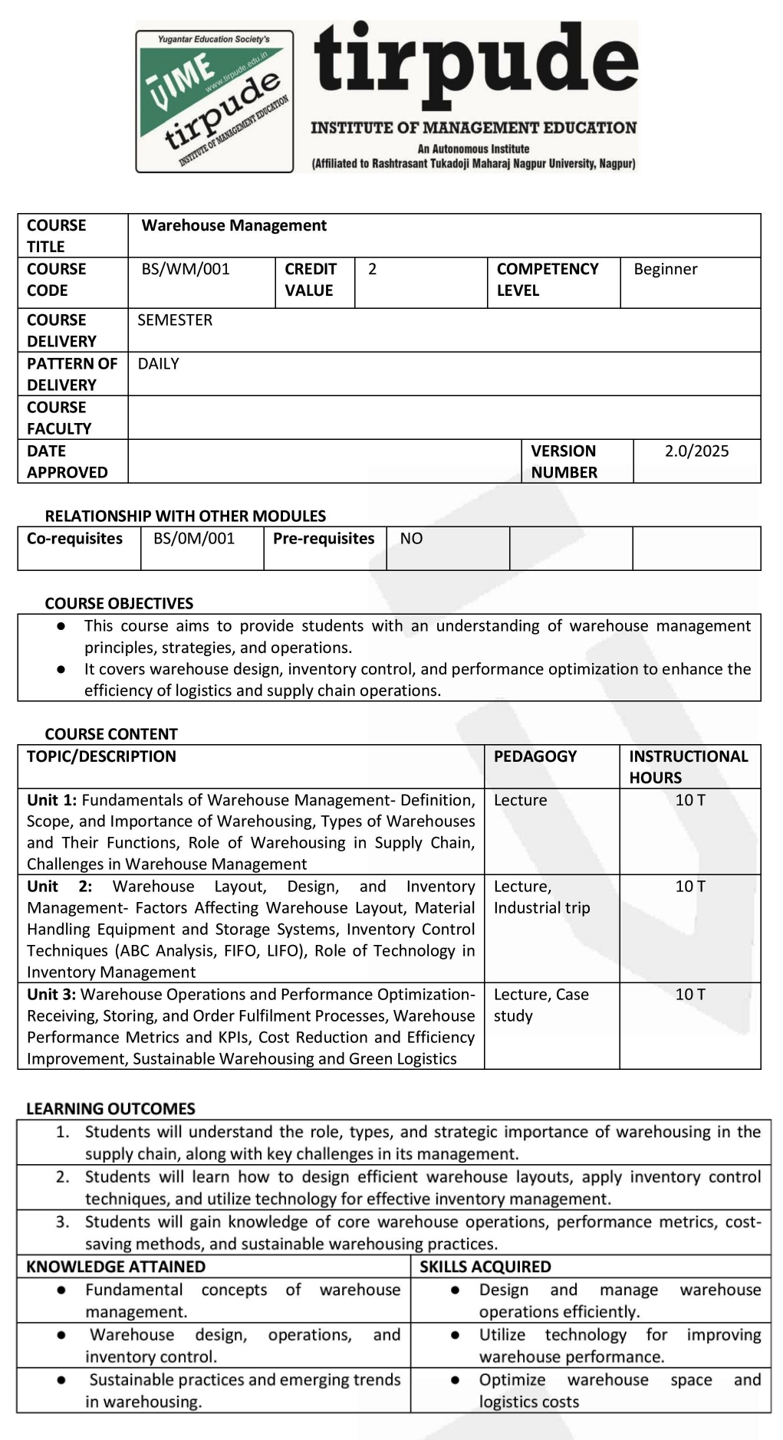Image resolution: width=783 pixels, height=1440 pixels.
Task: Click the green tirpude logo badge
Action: tap(215, 101)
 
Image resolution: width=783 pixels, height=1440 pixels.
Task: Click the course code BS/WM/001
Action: tap(186, 269)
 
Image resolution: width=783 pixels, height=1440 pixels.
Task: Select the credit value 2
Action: tap(373, 269)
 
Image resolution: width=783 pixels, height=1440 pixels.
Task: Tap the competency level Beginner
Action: tap(666, 269)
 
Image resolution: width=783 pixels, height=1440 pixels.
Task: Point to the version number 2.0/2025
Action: tap(696, 451)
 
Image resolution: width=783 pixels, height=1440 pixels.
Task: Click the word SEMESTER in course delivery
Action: tap(175, 320)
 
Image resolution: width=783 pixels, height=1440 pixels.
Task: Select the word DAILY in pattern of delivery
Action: tap(158, 363)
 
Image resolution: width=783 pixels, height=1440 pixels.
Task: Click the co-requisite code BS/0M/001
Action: tap(194, 538)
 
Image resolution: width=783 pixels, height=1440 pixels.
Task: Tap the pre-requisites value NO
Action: tap(411, 538)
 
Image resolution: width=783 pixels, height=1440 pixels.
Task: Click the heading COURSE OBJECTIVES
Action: tap(119, 603)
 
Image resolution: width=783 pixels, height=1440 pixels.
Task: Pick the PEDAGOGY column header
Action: tap(535, 756)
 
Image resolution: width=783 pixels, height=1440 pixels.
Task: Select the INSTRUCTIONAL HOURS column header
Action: tap(688, 766)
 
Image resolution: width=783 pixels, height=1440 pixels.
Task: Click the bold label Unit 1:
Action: tap(51, 800)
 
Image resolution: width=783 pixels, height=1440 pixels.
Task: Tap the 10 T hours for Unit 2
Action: tap(690, 886)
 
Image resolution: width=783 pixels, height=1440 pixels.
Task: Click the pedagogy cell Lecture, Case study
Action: tap(541, 1005)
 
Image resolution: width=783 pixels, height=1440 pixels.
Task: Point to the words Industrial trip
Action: tap(542, 907)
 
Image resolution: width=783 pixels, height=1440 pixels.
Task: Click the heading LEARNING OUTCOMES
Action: tap(110, 1108)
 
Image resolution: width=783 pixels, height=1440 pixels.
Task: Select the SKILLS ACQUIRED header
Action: tap(485, 1267)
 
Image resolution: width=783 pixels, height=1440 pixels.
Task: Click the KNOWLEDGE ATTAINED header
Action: tap(116, 1267)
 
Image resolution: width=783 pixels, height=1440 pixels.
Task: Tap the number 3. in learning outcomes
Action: tap(63, 1222)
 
